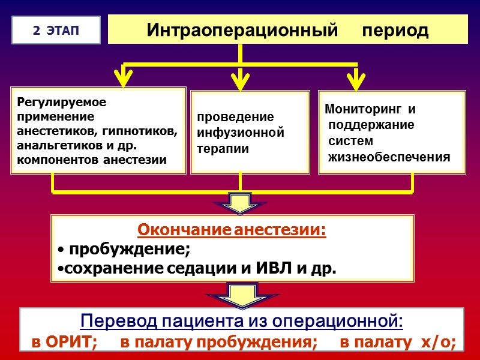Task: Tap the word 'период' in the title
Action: point(395,30)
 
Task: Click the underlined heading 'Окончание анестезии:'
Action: point(232,230)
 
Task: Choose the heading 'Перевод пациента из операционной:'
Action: point(242,322)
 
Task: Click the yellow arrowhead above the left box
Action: point(124,77)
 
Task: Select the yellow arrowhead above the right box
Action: point(356,77)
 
